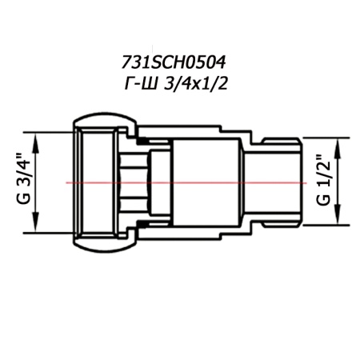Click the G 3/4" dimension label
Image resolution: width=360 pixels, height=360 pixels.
pos(25,182)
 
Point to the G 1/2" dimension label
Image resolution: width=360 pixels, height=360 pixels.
pos(322,182)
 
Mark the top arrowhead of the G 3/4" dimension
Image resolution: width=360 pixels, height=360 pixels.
pos(36,137)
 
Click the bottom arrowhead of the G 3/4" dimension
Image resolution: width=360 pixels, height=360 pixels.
pos(36,228)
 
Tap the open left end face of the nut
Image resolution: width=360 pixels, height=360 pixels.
pos(78,182)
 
